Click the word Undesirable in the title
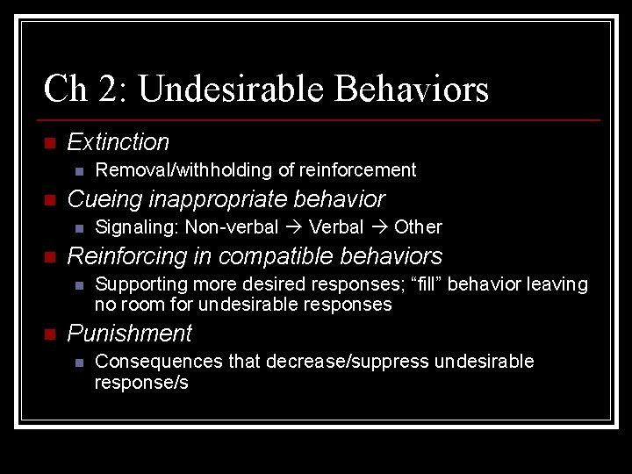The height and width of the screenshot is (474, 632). (x=232, y=89)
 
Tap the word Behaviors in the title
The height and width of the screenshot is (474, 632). (x=413, y=89)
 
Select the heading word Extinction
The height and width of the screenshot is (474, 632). (x=118, y=142)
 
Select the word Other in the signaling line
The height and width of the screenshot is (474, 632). (x=418, y=227)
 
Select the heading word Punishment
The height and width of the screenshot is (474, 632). (x=129, y=334)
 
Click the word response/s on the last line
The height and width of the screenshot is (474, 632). (x=141, y=383)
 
